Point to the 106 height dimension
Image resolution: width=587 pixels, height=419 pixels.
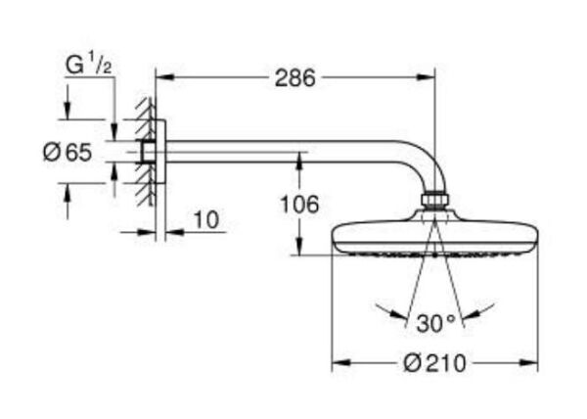298,205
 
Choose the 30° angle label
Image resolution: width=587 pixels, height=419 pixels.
434,321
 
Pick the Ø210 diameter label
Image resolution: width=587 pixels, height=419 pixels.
434,364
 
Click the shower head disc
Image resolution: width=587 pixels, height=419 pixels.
434,238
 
